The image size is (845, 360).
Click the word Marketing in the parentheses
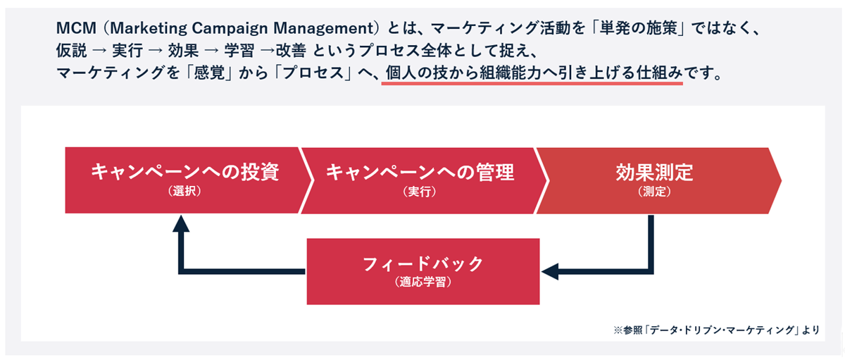149,28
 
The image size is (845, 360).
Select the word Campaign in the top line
230,28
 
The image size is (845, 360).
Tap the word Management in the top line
323,28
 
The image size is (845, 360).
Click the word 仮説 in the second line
71,50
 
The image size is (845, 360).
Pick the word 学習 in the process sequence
239,50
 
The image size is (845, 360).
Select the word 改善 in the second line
291,50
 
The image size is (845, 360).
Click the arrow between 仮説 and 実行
99,51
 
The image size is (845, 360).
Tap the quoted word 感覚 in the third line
209,73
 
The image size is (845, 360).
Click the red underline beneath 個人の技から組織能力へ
532,83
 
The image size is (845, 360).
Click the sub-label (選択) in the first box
184,192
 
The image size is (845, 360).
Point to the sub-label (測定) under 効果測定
654,192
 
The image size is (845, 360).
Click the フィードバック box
423,271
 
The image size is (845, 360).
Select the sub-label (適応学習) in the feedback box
423,282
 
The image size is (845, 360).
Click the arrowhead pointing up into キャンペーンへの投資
181,223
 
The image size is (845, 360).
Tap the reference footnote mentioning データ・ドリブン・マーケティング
716,330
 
